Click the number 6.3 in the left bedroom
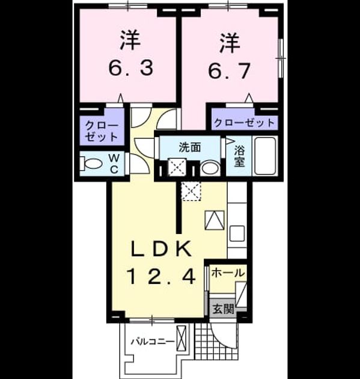[130, 68]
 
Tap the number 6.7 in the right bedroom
[230, 70]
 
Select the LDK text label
[161, 248]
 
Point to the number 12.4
[161, 277]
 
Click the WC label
[114, 164]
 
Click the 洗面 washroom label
[190, 147]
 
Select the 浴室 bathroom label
[239, 156]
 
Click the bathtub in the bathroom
[265, 156]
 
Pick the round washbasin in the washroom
[210, 168]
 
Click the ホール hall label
[228, 273]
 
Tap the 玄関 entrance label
[224, 309]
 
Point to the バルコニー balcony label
[153, 342]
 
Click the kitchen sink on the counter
[237, 233]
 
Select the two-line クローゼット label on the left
[102, 131]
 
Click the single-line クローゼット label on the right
[245, 123]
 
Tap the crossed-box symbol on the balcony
[182, 336]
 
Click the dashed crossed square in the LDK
[191, 191]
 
